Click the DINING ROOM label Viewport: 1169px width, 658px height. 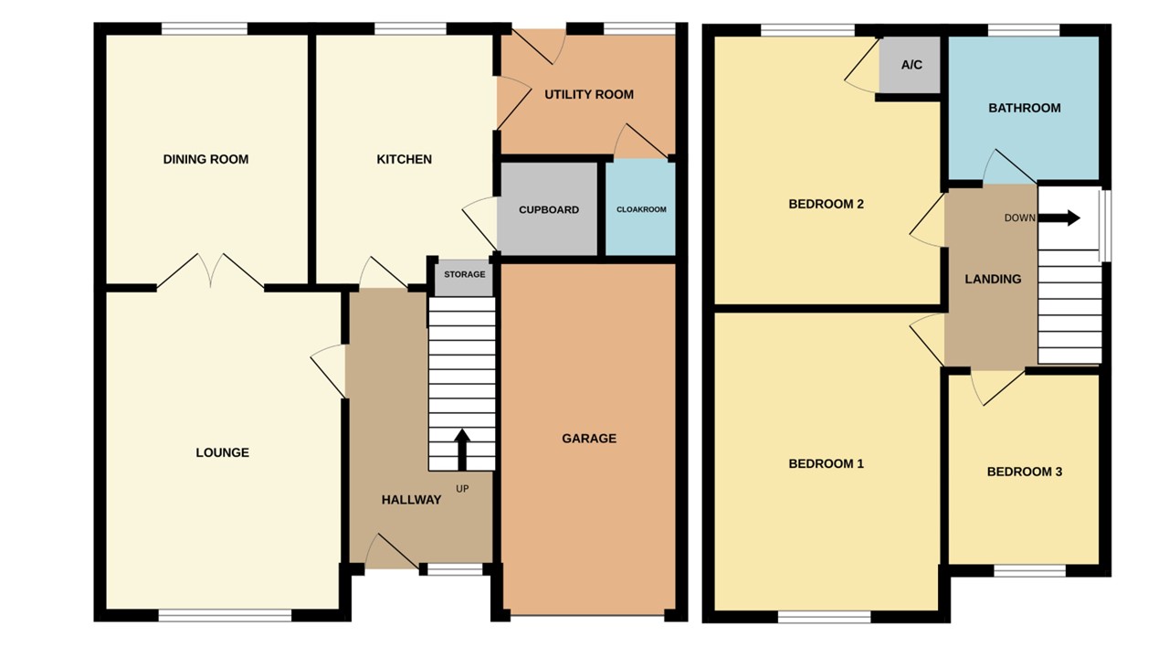205,159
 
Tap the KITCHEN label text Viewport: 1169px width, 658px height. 404,159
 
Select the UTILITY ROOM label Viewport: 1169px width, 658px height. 588,94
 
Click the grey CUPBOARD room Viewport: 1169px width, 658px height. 548,209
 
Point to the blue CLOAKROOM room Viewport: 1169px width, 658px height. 641,209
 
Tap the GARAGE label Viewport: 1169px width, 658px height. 588,439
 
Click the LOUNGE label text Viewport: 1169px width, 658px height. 222,452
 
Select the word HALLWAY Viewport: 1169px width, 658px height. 411,500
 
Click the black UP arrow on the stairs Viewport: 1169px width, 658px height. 461,448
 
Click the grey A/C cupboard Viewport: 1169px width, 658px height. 911,65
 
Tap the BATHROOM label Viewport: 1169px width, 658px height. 1024,108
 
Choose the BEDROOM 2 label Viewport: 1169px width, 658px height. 826,204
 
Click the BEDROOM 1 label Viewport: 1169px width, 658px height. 826,463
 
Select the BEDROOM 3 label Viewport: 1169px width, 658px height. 1024,472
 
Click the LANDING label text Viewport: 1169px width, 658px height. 993,279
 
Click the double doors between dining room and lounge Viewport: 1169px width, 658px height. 211,271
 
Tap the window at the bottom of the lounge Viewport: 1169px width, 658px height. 225,617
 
